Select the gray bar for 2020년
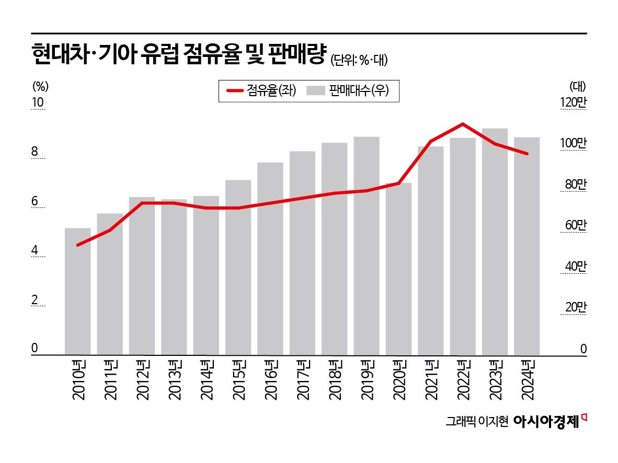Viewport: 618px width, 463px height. [399, 269]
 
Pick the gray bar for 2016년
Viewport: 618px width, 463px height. [270, 259]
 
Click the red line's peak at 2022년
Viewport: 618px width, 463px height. [463, 124]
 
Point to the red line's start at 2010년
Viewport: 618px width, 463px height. [78, 245]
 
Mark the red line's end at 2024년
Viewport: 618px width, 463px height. [527, 154]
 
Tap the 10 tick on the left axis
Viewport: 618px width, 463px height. [38, 103]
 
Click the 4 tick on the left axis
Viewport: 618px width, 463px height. [36, 251]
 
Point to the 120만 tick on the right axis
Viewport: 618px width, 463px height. [574, 103]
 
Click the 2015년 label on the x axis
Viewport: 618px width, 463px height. [238, 379]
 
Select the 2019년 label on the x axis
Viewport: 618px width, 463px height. [367, 379]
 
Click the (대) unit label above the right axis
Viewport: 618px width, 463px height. [578, 85]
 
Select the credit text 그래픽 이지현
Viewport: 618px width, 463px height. [477, 422]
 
